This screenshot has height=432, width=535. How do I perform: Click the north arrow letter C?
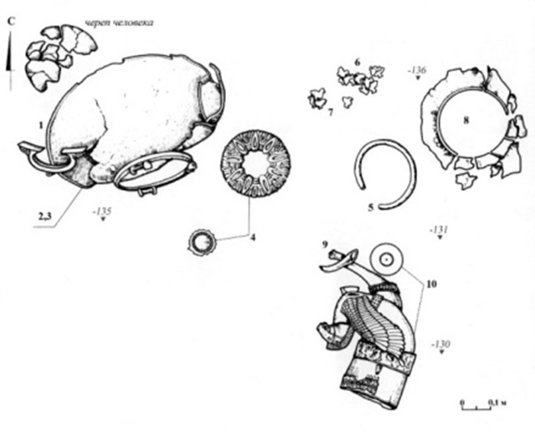(x=12, y=22)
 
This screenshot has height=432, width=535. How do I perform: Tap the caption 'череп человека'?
(x=119, y=23)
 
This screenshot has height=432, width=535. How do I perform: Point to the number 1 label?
(x=41, y=125)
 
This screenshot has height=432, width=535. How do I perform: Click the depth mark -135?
(x=102, y=211)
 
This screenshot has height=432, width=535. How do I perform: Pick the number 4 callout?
(x=253, y=237)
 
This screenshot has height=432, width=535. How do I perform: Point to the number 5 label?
(x=371, y=207)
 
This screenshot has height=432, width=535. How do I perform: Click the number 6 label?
(x=357, y=62)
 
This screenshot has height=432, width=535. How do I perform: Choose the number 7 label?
(x=330, y=112)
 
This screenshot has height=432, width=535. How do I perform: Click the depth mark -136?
(x=417, y=71)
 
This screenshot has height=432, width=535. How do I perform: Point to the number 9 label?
(x=325, y=244)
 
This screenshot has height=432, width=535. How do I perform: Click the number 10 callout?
(x=431, y=284)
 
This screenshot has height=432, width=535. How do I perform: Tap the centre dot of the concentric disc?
(x=387, y=260)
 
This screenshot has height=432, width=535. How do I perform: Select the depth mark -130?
(x=440, y=344)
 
